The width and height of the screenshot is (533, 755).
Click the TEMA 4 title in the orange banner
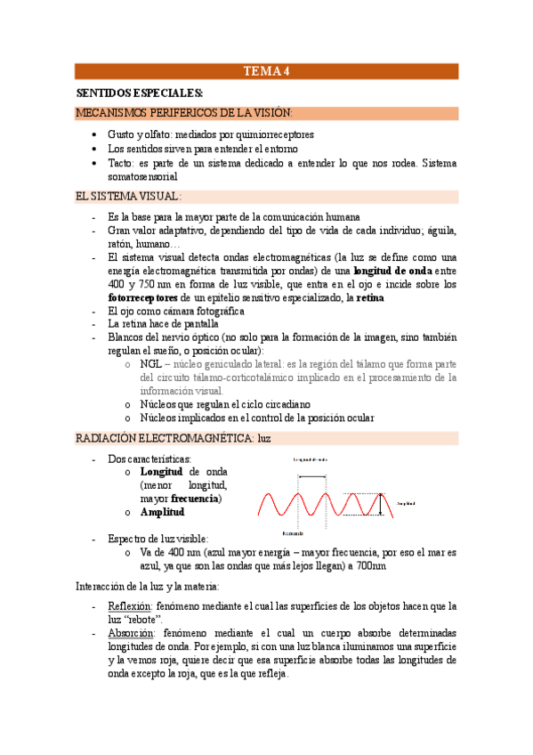click(x=266, y=72)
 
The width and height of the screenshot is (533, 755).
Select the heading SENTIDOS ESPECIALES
click(x=139, y=93)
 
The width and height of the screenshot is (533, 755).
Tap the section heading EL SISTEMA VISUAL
click(x=128, y=196)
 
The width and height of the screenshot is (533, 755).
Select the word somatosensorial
click(x=142, y=176)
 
